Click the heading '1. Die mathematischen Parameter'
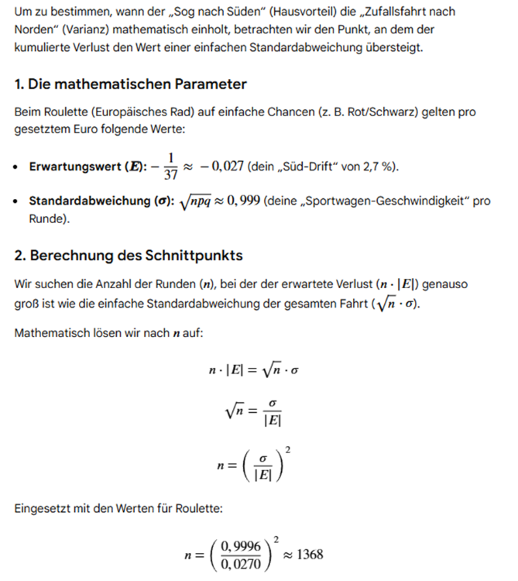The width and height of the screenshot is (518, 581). [130, 84]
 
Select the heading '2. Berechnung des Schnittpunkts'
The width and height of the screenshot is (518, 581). [129, 255]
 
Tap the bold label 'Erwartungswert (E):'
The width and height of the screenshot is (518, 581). [75, 167]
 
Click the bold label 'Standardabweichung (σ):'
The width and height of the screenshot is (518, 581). [89, 201]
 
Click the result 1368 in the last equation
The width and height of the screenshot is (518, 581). [308, 555]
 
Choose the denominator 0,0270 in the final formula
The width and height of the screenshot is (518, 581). [240, 565]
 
